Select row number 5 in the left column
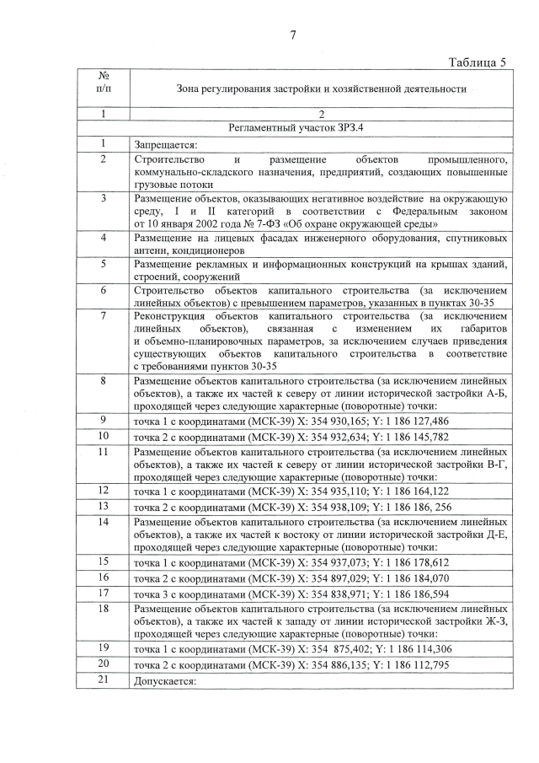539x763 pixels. coord(103,264)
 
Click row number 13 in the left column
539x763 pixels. coord(103,506)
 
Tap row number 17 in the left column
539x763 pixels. coord(103,594)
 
